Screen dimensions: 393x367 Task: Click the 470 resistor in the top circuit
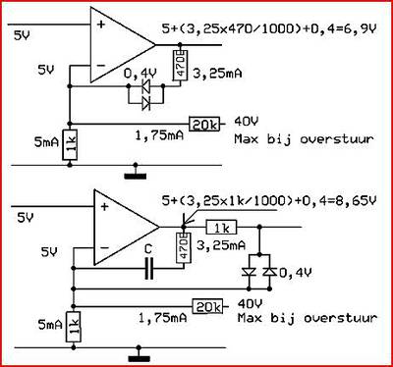coord(180,65)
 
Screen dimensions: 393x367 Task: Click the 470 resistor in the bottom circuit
coord(184,247)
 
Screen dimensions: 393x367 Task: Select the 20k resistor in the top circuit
coord(204,125)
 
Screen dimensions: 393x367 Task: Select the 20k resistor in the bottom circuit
coord(207,306)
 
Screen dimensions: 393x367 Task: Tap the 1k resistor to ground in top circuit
coord(70,144)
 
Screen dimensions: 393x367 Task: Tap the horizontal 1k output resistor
coord(221,228)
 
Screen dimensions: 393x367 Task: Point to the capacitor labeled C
coord(149,269)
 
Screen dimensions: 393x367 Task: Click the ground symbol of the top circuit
coord(136,175)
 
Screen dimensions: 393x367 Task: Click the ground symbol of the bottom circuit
coord(139,356)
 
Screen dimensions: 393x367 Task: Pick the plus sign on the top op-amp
coord(101,24)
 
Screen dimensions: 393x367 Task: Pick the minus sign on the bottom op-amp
coord(104,248)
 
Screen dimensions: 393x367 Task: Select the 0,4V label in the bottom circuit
coord(296,272)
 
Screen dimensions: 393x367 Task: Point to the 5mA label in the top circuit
coord(46,142)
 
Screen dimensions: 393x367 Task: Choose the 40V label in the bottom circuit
coord(250,304)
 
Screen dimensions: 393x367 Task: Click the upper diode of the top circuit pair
coord(145,86)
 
